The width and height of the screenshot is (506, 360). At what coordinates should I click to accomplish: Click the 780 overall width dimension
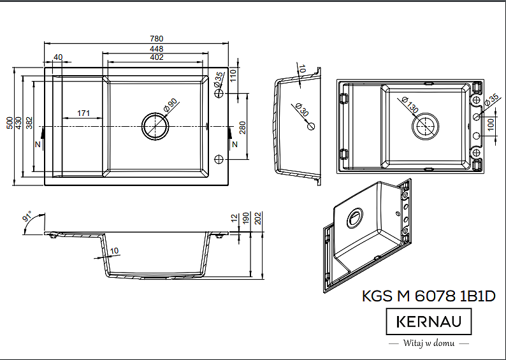[157, 39]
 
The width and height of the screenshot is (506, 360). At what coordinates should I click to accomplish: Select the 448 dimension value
[157, 48]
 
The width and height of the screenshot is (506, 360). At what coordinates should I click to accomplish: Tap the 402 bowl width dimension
[157, 57]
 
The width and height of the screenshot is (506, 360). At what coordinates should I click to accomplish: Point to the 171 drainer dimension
[83, 113]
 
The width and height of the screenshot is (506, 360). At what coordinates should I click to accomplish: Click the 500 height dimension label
[10, 123]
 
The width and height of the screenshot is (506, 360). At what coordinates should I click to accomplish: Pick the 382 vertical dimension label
[29, 123]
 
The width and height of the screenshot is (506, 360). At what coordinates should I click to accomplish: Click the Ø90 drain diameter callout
[171, 105]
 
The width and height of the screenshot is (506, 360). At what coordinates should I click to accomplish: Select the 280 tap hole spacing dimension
[243, 127]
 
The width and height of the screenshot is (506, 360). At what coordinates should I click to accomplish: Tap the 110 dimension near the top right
[233, 75]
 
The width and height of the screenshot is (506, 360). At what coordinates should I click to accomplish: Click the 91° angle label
[27, 216]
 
